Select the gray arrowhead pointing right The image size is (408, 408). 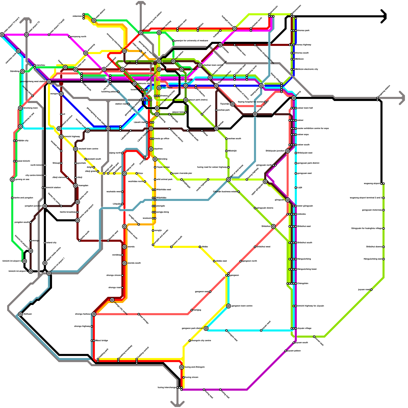coord(402,98)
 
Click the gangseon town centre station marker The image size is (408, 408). coord(228,306)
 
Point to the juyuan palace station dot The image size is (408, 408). coord(286,351)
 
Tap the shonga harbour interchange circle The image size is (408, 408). coord(94,314)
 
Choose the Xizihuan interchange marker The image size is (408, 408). coord(20,314)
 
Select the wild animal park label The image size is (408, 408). coord(164,180)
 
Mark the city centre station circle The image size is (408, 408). coord(159,88)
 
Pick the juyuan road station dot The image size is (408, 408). coord(371,290)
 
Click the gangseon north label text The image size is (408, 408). coord(250,261)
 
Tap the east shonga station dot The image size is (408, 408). coord(139,314)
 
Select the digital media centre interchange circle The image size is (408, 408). coord(45,263)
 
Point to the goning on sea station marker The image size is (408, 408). coord(12,180)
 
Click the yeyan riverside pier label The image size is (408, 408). coord(182,173)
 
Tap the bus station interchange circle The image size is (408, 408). coord(173,61)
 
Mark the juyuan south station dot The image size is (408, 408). coord(294,343)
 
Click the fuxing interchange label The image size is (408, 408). coord(167,388)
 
